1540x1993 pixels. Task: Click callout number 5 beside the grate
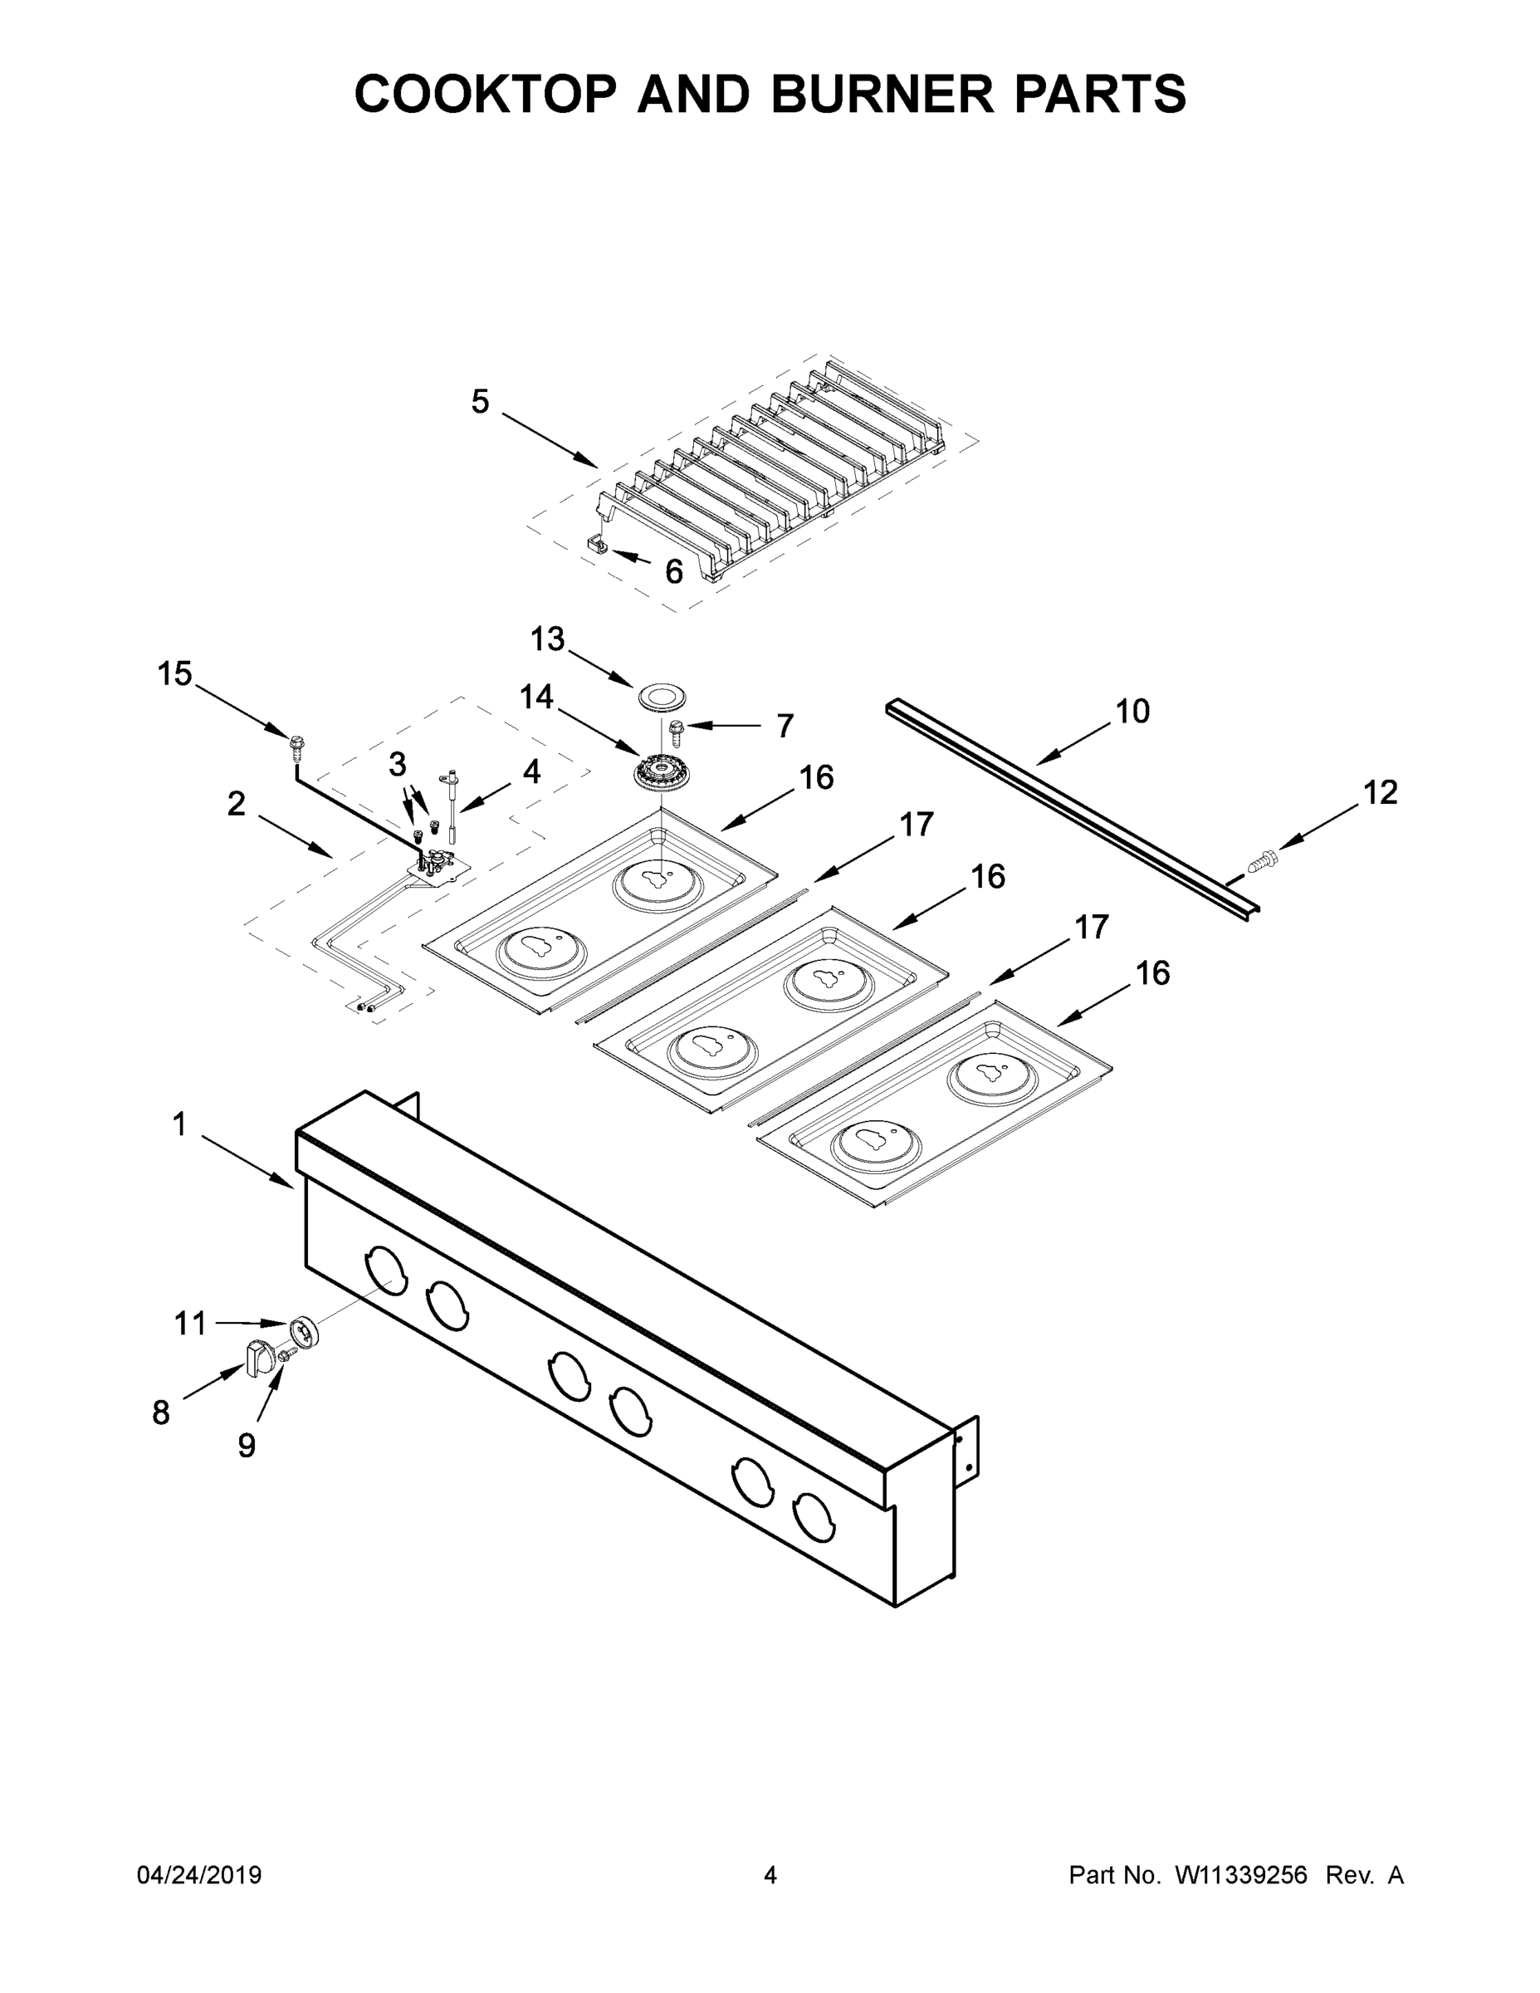[x=480, y=402]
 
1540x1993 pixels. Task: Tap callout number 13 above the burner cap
[x=547, y=639]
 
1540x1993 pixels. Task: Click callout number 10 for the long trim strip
[x=1132, y=711]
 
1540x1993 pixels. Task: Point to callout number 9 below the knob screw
[x=247, y=1446]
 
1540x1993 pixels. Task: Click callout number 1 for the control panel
[x=179, y=1125]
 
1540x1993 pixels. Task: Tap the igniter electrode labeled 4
[x=451, y=799]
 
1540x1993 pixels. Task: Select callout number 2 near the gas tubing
[x=237, y=804]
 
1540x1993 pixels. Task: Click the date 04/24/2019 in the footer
[x=199, y=1875]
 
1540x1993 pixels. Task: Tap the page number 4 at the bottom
[x=770, y=1875]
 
